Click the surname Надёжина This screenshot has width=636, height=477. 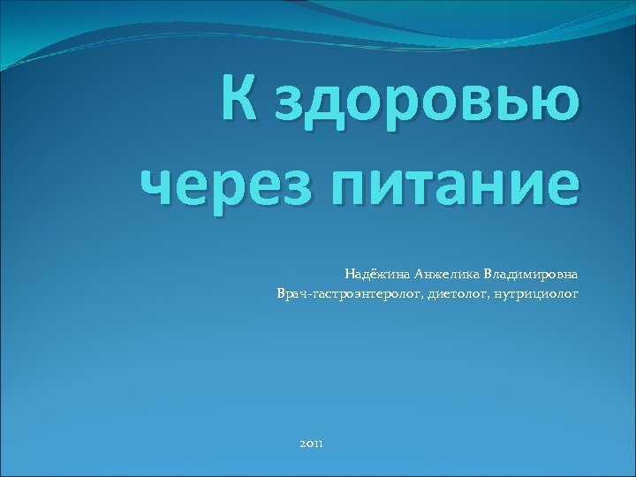tap(374, 274)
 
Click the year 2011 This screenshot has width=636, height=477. tap(312, 442)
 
